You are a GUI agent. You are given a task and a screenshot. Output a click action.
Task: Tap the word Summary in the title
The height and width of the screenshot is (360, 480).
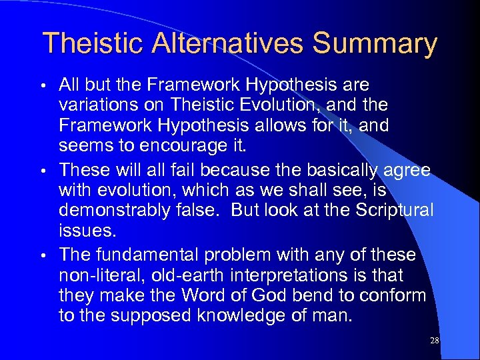375,43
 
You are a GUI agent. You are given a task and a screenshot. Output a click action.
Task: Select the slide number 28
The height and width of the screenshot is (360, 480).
435,340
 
